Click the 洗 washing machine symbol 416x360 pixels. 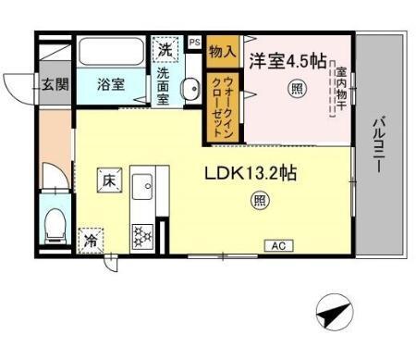(x=165, y=49)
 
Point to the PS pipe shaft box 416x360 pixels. (x=194, y=42)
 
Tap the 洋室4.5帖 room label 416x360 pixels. (x=287, y=62)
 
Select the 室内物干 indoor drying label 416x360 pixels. (x=341, y=88)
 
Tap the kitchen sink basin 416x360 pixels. (x=144, y=191)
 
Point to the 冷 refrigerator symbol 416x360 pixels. (x=92, y=238)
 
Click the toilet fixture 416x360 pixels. (x=55, y=223)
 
